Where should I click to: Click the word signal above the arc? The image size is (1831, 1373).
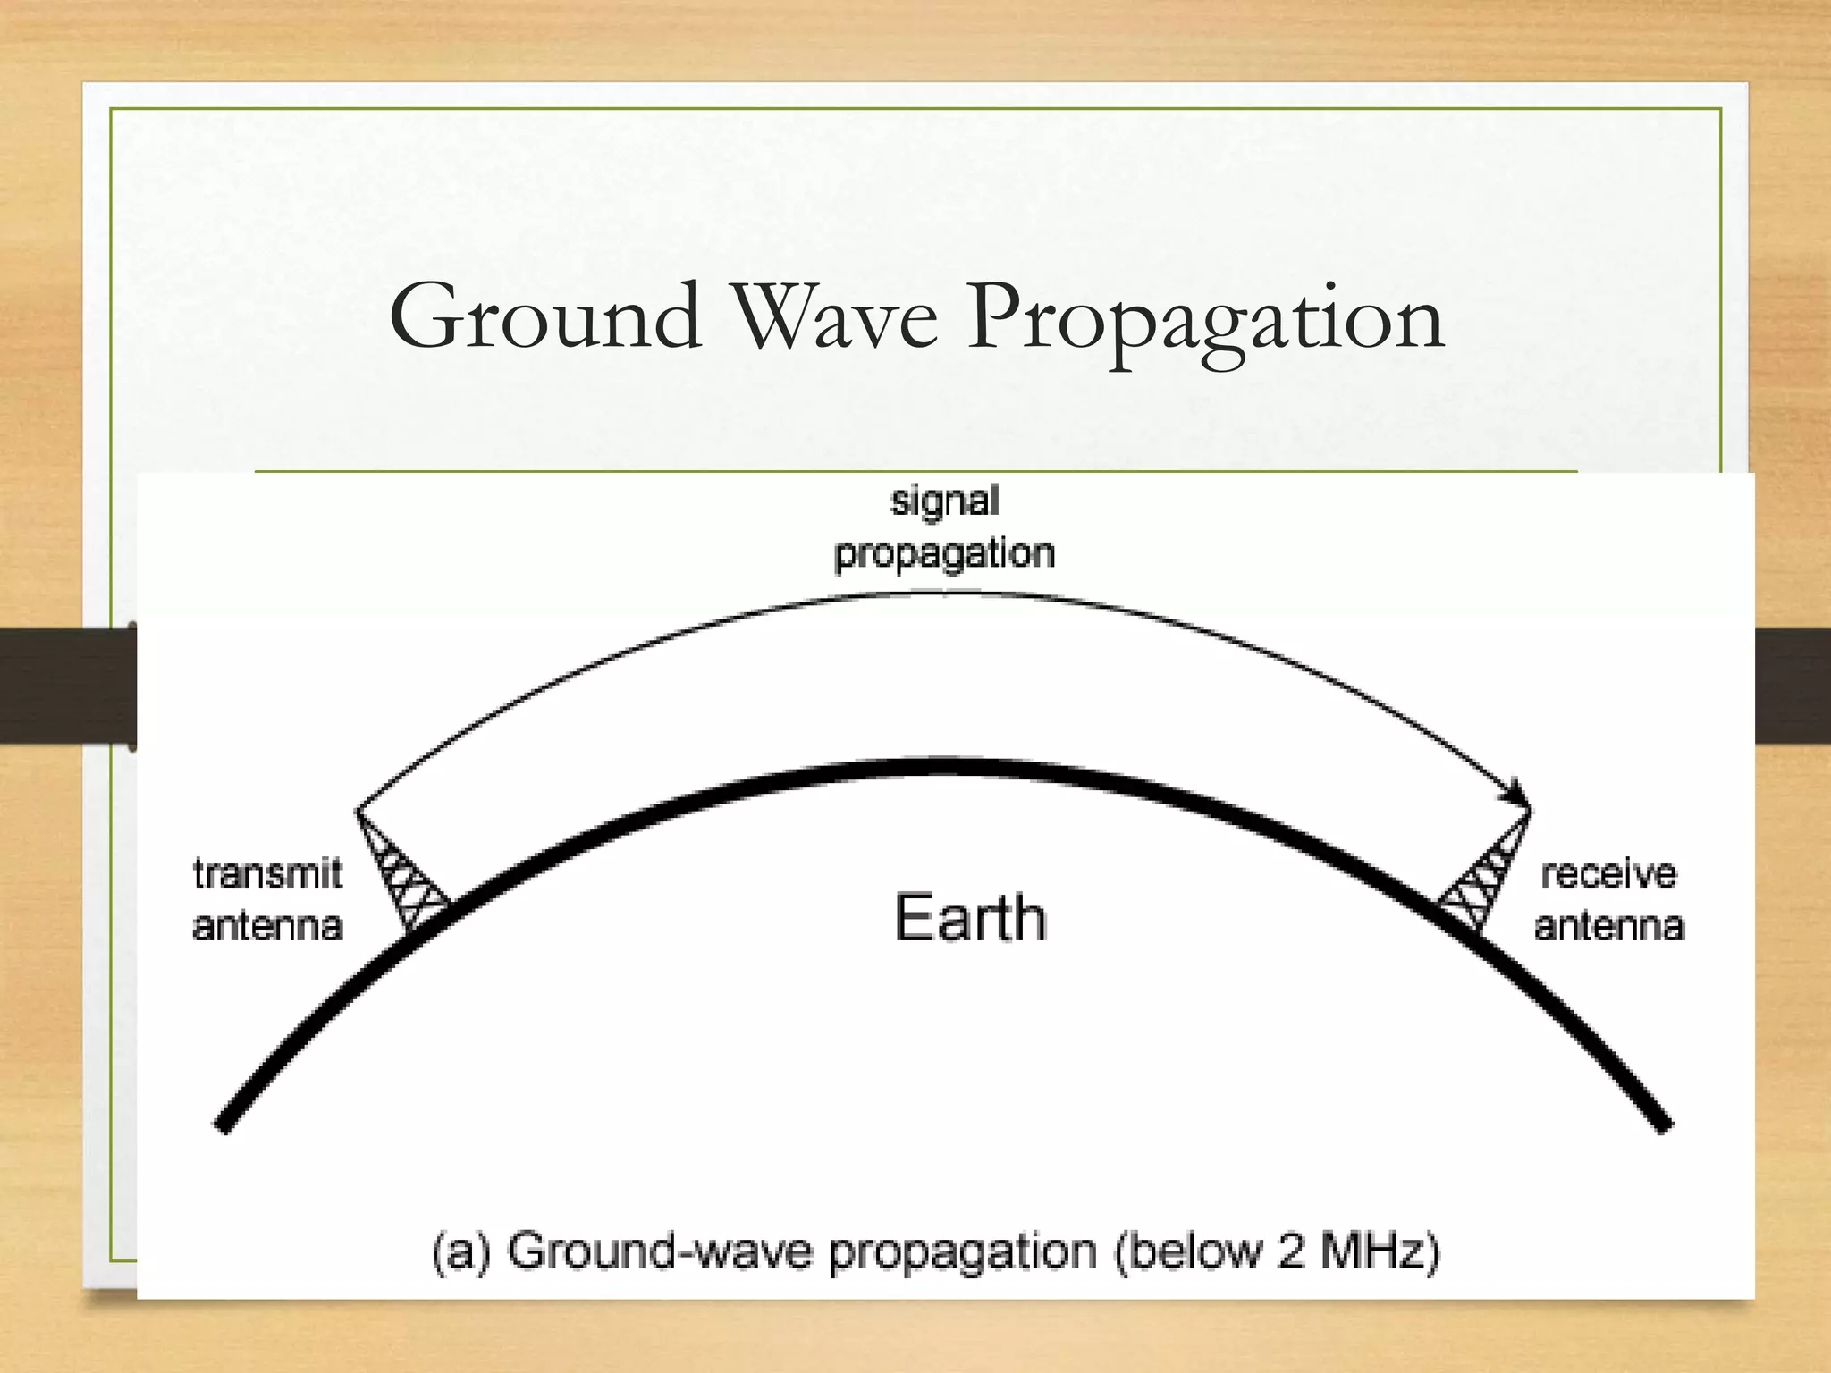pyautogui.click(x=944, y=501)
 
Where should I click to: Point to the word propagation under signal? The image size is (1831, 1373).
pyautogui.click(x=944, y=555)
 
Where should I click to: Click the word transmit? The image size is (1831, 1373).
pyautogui.click(x=267, y=873)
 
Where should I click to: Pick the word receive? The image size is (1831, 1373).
pyautogui.click(x=1607, y=873)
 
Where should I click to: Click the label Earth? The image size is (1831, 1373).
pyautogui.click(x=970, y=918)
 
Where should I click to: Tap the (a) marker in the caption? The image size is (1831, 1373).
pyautogui.click(x=461, y=1252)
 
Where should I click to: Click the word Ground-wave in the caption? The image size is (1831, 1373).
pyautogui.click(x=662, y=1252)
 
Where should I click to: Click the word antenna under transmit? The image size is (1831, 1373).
pyautogui.click(x=267, y=926)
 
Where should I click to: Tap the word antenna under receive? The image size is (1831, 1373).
pyautogui.click(x=1609, y=926)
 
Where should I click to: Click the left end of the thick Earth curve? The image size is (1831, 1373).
pyautogui.click(x=224, y=1124)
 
